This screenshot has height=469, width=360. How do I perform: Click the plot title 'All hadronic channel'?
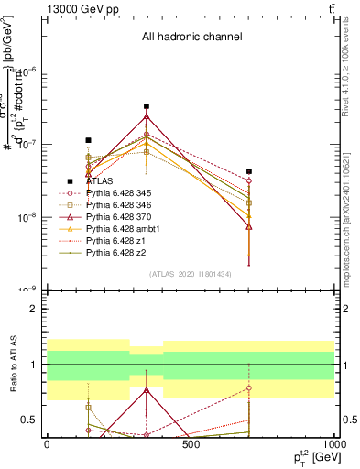tap(191, 38)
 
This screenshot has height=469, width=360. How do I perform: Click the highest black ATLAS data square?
tap(147, 106)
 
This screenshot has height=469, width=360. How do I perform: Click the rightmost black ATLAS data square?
tap(249, 171)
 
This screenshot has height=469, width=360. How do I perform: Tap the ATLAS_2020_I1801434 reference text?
tap(191, 275)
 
